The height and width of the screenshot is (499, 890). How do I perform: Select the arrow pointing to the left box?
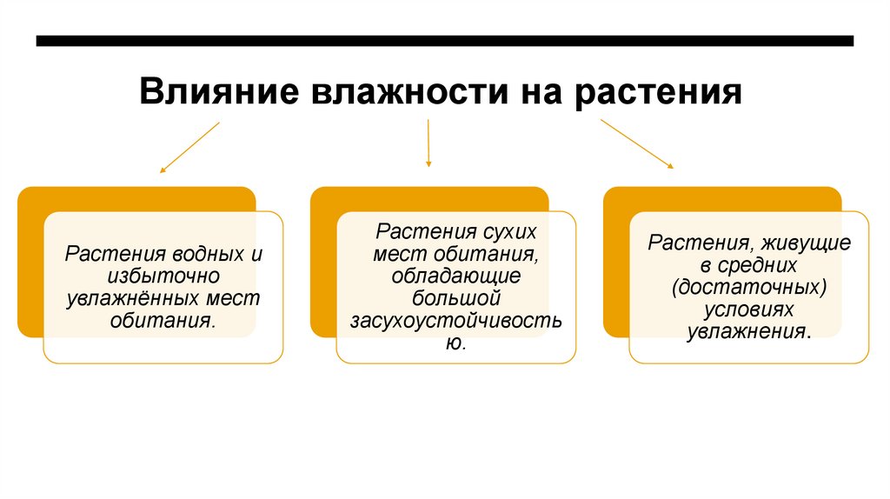[189, 148]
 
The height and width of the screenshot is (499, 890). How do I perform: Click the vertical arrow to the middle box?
[428, 143]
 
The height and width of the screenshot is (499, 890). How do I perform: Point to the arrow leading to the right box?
[636, 143]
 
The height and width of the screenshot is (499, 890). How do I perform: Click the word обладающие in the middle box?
[455, 276]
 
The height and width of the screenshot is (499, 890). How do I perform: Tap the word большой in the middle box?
[455, 298]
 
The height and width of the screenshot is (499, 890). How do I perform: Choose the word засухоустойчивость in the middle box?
[455, 321]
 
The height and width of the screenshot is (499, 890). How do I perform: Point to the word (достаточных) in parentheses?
[748, 286]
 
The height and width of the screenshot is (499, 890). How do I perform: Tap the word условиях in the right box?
[748, 309]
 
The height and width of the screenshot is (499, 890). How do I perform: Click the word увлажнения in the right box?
[747, 331]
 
